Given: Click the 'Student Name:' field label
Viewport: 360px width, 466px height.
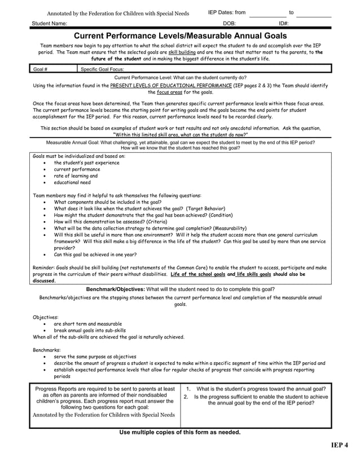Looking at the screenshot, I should point(50,24).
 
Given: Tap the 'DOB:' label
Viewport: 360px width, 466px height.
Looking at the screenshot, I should point(229,24).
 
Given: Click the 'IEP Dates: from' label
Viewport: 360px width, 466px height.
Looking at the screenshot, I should point(227,12).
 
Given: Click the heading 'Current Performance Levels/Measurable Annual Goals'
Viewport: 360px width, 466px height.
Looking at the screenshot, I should point(181,36).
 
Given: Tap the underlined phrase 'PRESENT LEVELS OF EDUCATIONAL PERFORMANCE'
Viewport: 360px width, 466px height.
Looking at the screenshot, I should point(171,85).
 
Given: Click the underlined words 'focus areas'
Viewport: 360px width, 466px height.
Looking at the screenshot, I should point(170,92).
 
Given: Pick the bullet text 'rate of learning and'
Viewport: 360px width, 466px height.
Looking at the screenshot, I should point(76,176).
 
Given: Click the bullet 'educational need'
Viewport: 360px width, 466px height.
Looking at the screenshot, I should point(72,183).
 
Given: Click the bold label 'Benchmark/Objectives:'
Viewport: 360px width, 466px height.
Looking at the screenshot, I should point(115,289).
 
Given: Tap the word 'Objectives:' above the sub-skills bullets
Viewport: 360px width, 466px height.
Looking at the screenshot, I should point(46,318).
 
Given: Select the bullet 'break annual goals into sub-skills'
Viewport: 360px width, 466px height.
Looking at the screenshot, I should point(90,331).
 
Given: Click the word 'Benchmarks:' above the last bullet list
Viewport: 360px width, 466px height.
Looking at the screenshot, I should point(47,350).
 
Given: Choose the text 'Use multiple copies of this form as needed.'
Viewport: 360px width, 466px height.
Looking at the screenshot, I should point(180,432).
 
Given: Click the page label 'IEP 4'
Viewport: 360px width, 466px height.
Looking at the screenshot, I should point(340,446).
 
